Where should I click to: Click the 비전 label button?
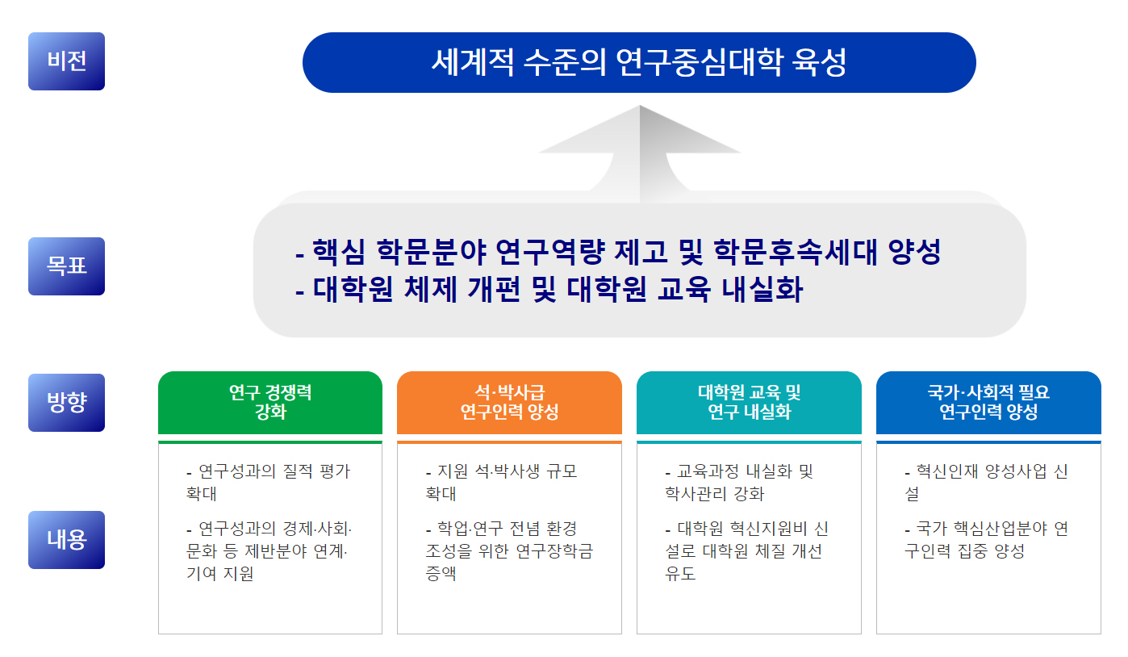click(x=66, y=61)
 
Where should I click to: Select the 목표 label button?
click(x=66, y=266)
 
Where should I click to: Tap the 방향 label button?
click(x=66, y=403)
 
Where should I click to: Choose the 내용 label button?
click(x=66, y=540)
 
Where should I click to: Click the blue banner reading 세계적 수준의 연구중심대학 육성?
click(x=639, y=63)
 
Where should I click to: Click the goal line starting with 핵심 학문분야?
click(x=618, y=253)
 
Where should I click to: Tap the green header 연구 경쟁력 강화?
click(x=270, y=403)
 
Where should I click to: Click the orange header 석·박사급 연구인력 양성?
click(x=509, y=403)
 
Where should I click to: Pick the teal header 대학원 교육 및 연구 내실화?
click(x=749, y=403)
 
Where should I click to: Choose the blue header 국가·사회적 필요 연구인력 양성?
click(x=988, y=403)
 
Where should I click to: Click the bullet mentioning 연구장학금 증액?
click(x=508, y=551)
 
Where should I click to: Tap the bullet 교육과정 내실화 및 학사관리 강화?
click(x=739, y=483)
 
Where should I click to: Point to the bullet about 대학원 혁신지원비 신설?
click(x=746, y=551)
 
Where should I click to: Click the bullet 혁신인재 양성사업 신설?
click(x=986, y=483)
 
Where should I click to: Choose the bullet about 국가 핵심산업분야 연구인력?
click(x=986, y=540)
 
